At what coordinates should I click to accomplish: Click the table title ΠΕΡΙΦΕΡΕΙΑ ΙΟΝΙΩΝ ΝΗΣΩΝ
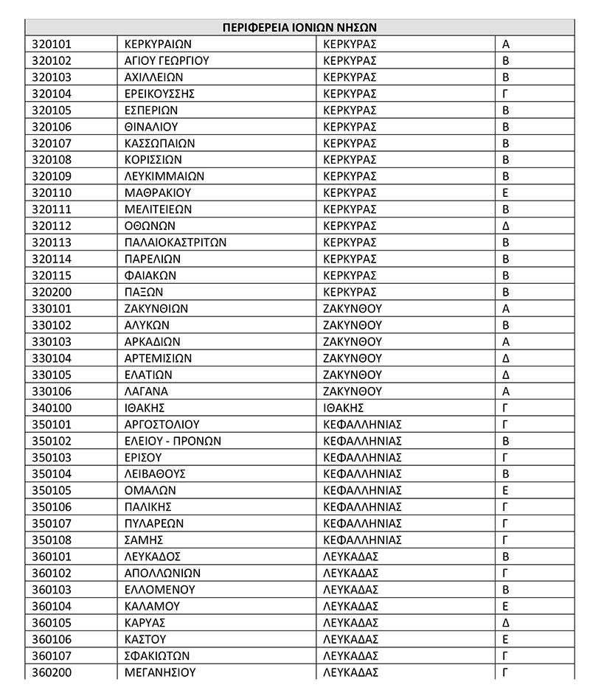(x=299, y=28)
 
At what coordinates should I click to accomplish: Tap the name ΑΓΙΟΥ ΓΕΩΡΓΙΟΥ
(x=167, y=60)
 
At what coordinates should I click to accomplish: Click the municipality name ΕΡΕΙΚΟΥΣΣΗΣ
(x=160, y=94)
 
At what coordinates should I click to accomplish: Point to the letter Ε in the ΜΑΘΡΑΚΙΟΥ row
(x=506, y=193)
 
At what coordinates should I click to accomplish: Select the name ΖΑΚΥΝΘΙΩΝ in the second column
(x=156, y=308)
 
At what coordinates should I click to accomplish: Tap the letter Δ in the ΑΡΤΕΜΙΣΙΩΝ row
(x=506, y=358)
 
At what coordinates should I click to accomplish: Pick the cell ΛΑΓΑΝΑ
(x=147, y=391)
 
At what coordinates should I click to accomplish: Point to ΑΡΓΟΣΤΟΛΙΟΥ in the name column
(x=162, y=425)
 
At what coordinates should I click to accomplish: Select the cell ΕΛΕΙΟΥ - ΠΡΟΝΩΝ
(x=173, y=441)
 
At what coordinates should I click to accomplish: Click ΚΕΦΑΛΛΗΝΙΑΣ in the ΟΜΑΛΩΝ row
(x=362, y=490)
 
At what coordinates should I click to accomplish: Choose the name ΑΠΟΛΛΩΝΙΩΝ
(x=163, y=573)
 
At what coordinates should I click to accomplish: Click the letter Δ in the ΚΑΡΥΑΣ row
(x=506, y=622)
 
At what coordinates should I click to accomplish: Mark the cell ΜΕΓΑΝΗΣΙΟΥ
(x=160, y=672)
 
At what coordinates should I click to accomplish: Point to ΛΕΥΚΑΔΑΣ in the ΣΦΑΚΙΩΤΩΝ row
(x=351, y=655)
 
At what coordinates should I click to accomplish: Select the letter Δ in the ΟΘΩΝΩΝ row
(x=506, y=226)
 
